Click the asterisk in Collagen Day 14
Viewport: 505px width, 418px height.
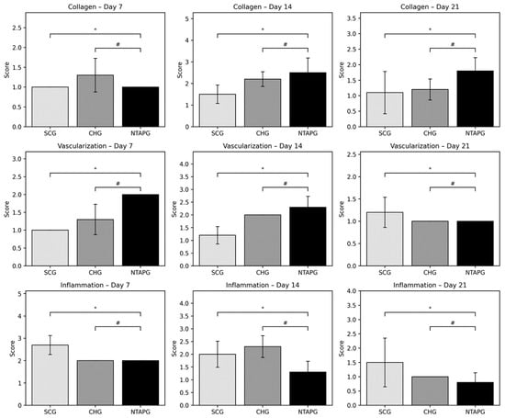tap(262, 29)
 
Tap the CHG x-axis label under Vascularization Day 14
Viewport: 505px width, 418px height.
tap(262, 273)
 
